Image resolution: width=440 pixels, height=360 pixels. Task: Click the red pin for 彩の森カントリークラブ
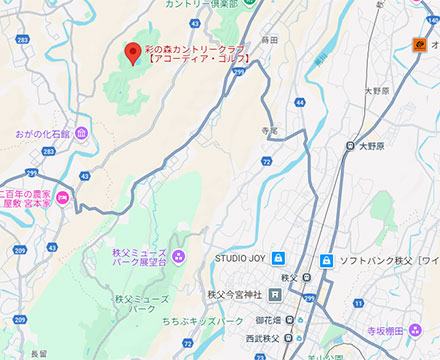(131, 54)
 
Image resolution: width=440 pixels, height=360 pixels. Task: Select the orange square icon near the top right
(421, 43)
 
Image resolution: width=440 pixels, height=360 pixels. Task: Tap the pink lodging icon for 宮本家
(62, 197)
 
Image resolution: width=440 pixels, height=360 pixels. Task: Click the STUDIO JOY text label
(241, 260)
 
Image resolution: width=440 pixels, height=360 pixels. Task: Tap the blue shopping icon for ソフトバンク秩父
(326, 261)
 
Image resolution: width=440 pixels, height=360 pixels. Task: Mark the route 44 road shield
(300, 102)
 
